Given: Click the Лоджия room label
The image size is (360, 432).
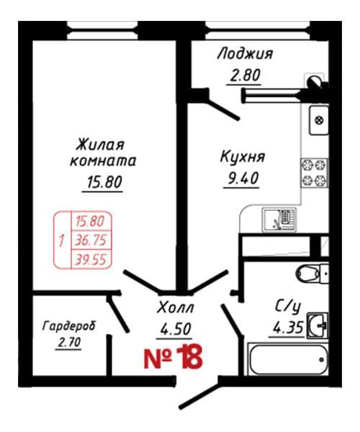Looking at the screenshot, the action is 245,54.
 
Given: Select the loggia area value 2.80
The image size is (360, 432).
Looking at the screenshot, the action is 245,75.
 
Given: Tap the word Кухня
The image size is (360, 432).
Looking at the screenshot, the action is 243,157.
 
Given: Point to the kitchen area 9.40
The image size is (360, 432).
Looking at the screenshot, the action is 243,178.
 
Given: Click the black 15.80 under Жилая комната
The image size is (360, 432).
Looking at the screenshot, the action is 104,182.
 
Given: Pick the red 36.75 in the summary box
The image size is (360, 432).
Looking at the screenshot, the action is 91,240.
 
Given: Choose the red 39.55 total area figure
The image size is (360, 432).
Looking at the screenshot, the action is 91,259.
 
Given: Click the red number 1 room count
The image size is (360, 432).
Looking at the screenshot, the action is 61,240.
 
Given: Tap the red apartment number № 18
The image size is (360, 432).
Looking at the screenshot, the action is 173,358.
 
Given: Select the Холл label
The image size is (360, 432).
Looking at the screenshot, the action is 175,307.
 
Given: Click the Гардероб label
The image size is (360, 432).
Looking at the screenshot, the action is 69,326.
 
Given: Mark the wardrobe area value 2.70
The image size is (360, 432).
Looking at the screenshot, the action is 69,343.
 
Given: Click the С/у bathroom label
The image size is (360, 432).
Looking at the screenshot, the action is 288,306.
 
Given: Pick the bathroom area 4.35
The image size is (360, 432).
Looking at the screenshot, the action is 288,327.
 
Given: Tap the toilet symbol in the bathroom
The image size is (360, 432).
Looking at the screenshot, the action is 312,274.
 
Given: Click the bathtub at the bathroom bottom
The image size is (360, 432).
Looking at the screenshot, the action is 288,359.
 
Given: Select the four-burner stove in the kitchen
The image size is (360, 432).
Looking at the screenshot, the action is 314,173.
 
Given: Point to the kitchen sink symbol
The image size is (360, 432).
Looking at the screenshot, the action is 279,220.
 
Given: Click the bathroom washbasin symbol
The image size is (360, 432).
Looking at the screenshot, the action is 318,325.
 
